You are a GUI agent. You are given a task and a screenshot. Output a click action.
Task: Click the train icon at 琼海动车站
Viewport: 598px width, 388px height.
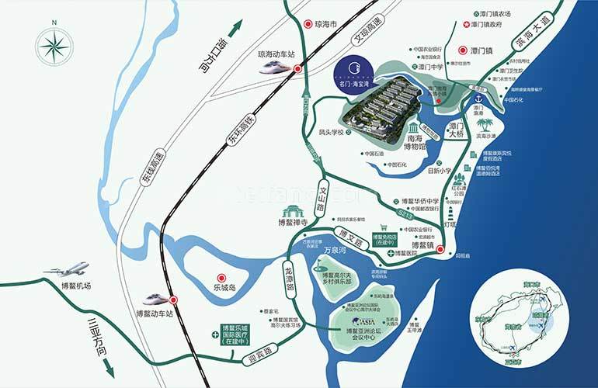point(270,68)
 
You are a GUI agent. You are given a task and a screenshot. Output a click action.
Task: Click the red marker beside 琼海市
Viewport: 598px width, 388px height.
point(308,24)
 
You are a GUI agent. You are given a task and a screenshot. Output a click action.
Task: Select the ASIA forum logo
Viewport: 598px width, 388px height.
point(363,320)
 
